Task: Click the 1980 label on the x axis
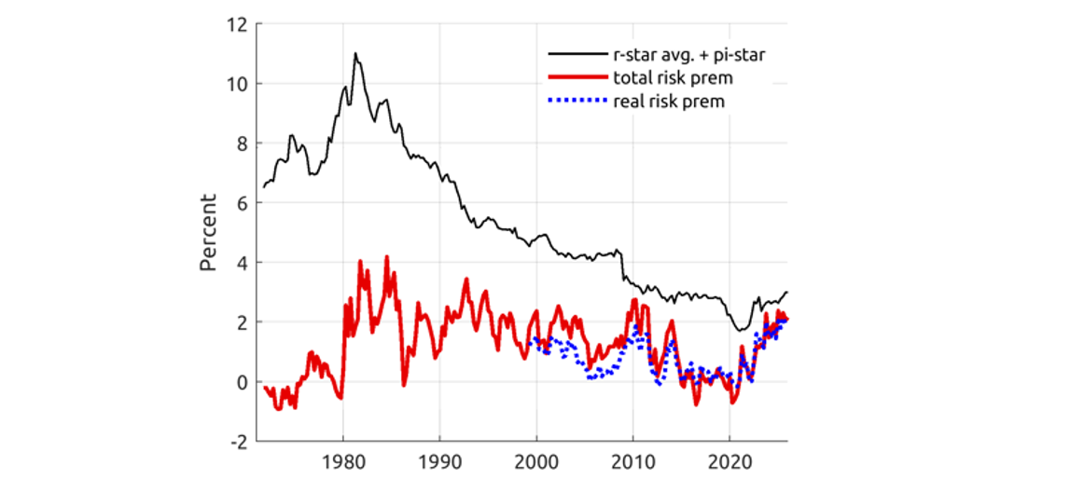coord(343,461)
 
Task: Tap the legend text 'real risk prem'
coord(669,101)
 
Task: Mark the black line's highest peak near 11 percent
coord(355,54)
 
